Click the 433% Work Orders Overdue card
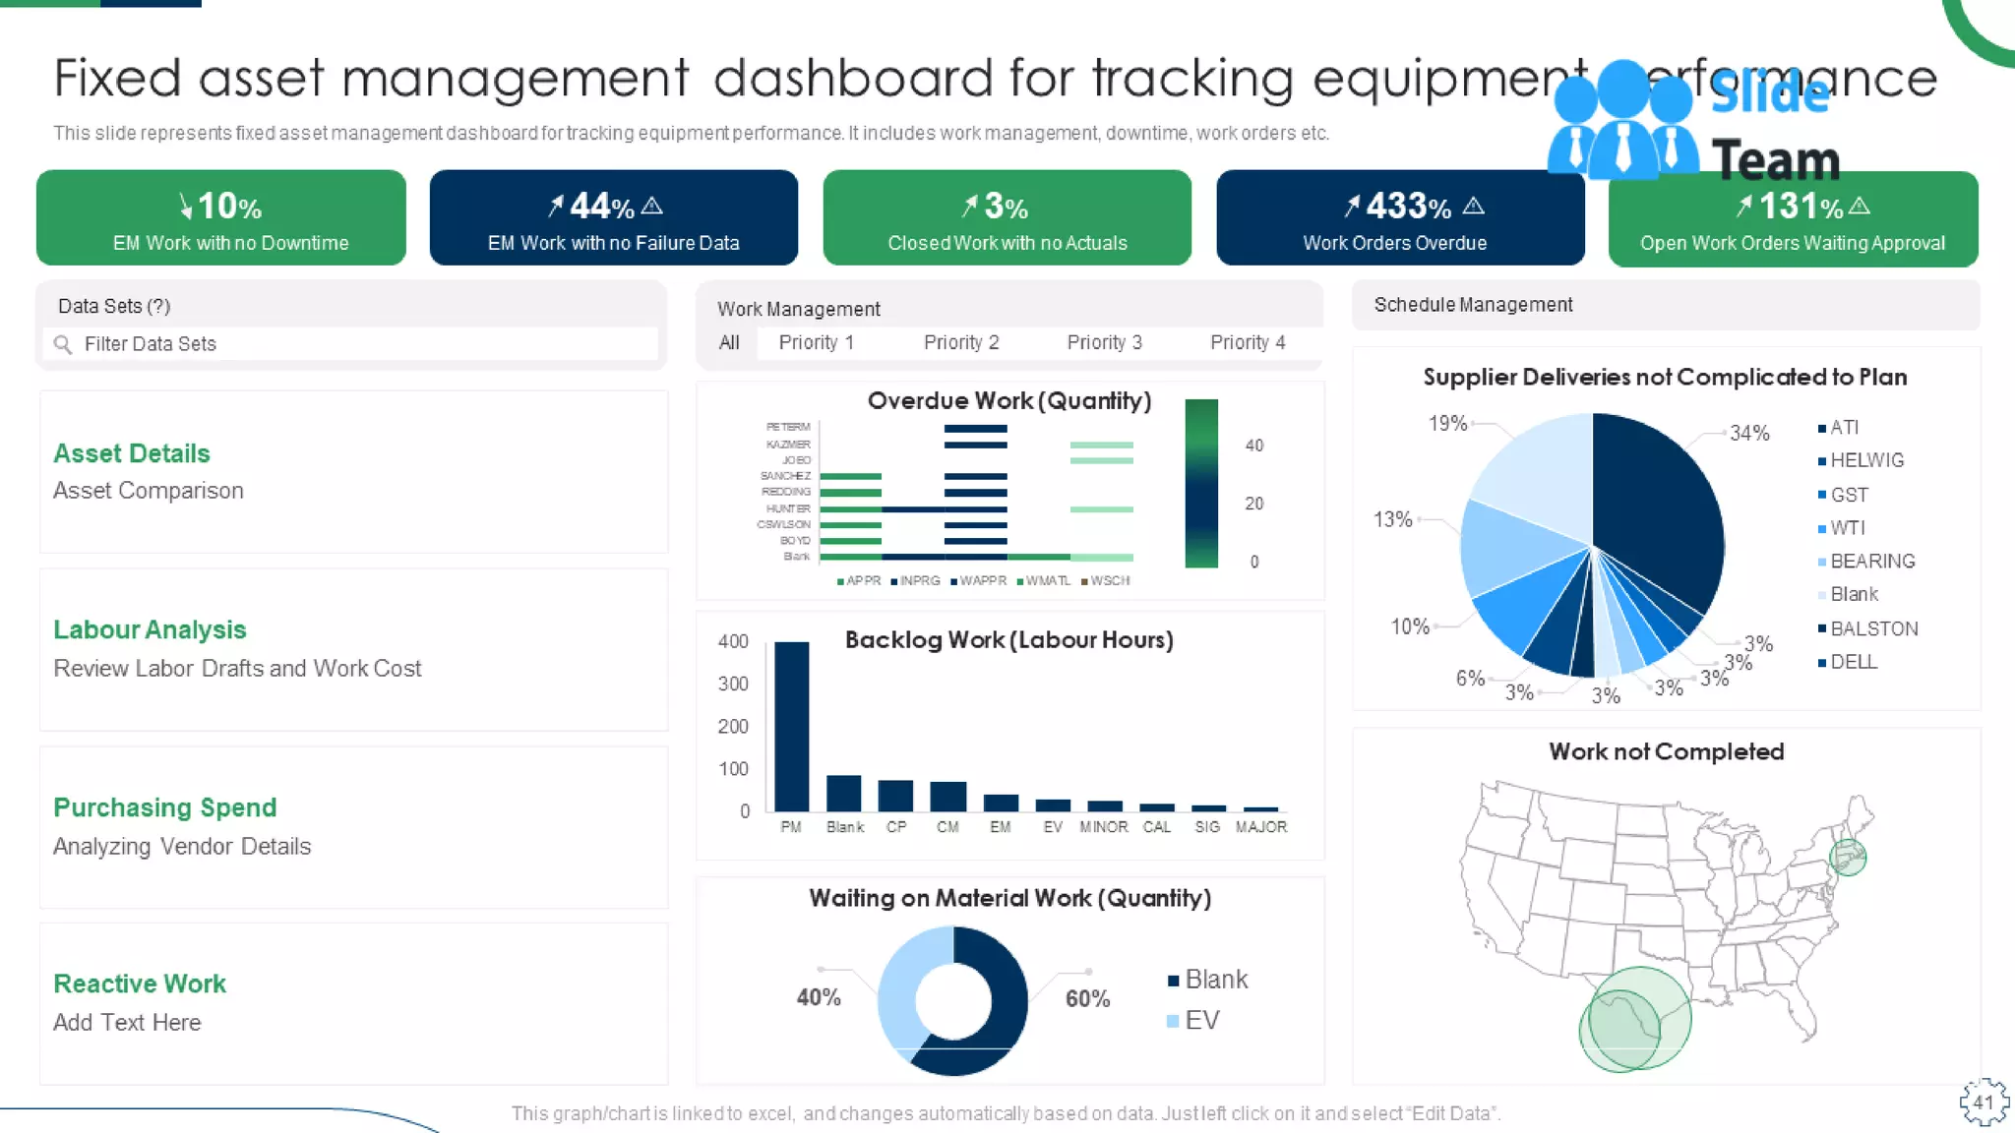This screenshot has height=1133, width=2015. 1399,218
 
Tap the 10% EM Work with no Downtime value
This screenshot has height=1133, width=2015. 221,207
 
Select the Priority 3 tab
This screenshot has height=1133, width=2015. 1104,342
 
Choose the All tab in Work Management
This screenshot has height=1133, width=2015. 729,342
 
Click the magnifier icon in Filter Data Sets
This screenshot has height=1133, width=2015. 63,344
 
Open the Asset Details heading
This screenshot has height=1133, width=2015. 132,453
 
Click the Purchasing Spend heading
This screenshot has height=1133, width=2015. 164,807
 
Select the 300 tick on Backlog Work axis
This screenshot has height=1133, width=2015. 733,684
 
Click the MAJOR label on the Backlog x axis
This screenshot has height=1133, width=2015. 1260,827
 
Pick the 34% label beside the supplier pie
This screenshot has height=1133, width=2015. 1749,433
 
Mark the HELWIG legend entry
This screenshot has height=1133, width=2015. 1865,460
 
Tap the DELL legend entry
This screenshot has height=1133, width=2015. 1853,662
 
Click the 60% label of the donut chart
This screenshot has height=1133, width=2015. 1087,998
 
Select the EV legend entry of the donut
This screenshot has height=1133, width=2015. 1200,1020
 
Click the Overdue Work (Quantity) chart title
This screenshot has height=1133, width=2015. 1008,400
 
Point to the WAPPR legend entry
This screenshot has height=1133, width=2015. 982,581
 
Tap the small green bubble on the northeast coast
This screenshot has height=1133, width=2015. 1848,857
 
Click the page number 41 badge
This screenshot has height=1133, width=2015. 1984,1103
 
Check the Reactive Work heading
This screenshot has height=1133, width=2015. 140,984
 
